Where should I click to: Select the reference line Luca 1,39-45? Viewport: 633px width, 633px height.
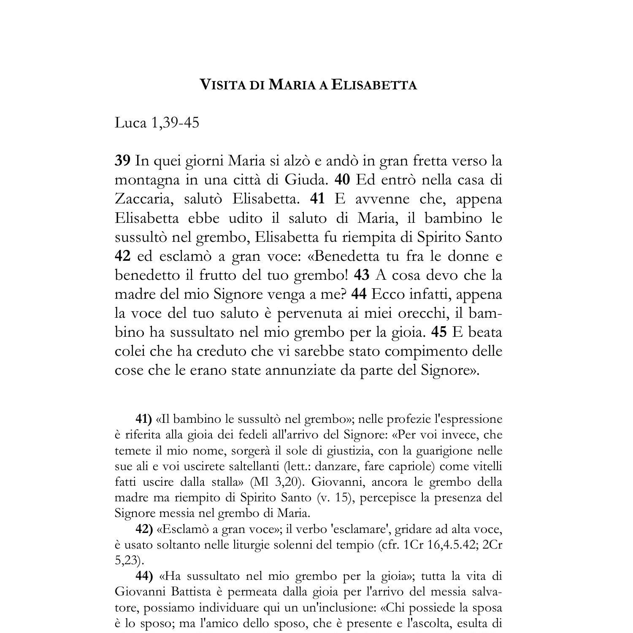click(x=157, y=123)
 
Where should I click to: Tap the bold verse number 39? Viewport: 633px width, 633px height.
click(x=122, y=161)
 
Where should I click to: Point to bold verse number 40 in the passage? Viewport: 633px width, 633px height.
click(x=342, y=180)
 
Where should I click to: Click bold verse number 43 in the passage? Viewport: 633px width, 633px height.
click(x=361, y=275)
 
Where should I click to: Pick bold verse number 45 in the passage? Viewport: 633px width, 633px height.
click(x=439, y=332)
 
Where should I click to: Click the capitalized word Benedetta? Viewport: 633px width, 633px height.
click(x=345, y=256)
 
